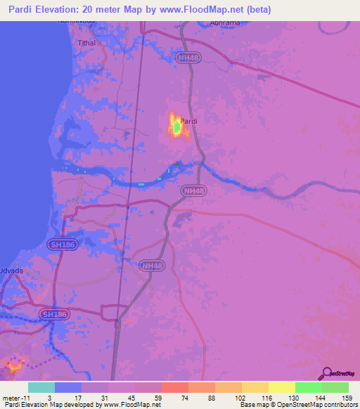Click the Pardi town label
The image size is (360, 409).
point(188,122)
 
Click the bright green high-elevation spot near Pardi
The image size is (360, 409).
point(175,128)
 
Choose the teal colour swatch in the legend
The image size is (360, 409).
point(41,387)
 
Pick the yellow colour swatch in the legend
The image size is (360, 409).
point(282,387)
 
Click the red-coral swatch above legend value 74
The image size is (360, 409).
point(174,387)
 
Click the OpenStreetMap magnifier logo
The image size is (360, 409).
point(326,373)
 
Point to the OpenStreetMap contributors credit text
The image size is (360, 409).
point(319,405)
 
